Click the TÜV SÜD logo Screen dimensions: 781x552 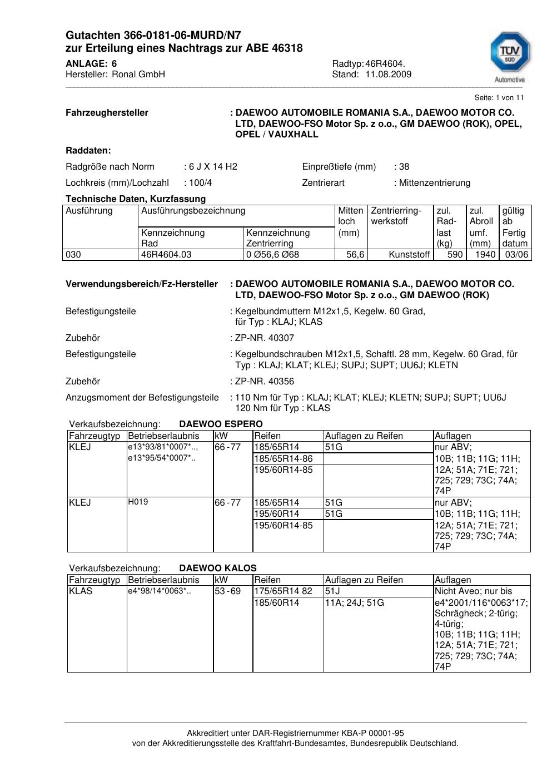(509, 56)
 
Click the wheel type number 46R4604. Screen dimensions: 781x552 (385, 63)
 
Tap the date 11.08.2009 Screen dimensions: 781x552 (388, 75)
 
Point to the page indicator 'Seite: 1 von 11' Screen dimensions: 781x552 (499, 98)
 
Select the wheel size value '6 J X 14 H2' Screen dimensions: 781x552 (213, 167)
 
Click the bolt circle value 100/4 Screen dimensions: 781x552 (200, 183)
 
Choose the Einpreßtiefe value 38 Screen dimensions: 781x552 (404, 167)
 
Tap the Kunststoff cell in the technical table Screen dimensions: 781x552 (409, 255)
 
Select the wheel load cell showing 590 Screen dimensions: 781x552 (455, 255)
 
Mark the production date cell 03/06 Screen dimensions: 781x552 (515, 255)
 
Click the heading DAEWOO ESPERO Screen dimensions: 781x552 (221, 424)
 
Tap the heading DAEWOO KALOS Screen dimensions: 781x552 (218, 569)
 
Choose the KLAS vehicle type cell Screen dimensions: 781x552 (81, 591)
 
